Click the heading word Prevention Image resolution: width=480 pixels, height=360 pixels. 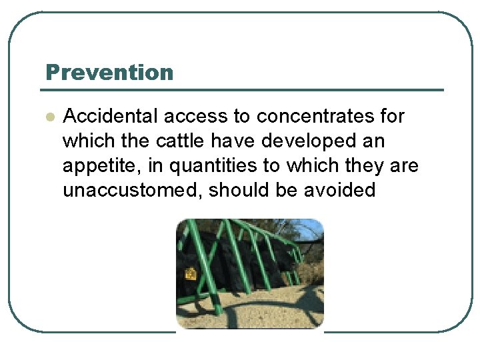click(x=109, y=73)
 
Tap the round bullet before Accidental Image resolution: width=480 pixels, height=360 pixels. click(x=49, y=117)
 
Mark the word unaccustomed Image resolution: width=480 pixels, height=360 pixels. click(x=132, y=191)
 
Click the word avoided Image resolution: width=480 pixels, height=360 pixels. click(x=339, y=191)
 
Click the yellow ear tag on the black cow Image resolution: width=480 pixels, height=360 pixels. click(x=190, y=273)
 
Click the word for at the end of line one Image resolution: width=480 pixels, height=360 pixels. click(x=393, y=117)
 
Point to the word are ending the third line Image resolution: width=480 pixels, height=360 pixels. click(x=404, y=166)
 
